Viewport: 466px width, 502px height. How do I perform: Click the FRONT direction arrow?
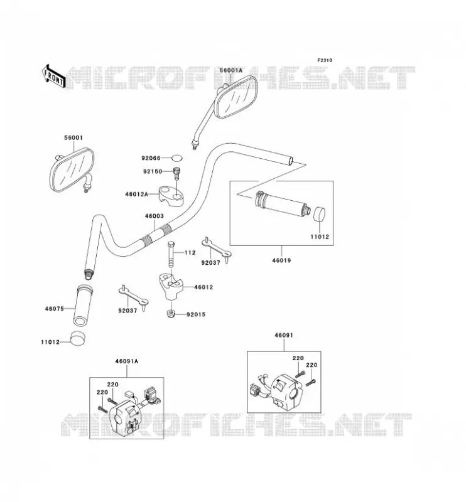pos(54,76)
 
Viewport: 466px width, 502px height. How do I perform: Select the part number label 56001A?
pos(231,70)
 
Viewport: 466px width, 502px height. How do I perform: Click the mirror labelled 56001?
pos(72,169)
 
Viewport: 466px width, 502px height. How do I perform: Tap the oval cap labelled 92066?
pos(176,158)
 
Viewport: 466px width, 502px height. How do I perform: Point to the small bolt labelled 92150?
pos(176,174)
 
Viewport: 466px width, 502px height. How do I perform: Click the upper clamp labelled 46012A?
pos(171,196)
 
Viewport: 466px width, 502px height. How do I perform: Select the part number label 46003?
pos(154,216)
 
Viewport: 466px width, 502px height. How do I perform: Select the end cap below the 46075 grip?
pos(79,338)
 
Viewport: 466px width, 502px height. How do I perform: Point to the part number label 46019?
pos(282,260)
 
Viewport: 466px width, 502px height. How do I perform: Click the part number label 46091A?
pos(127,361)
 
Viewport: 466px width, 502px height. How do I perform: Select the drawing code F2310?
pos(325,60)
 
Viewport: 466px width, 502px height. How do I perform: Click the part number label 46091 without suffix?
pos(284,336)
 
